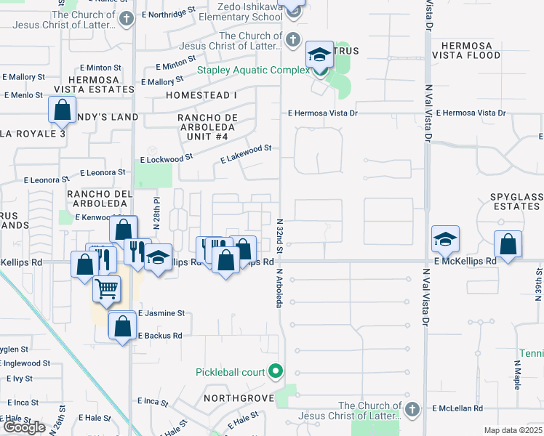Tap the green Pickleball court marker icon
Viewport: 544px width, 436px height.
[275, 372]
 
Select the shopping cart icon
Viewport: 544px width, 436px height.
[106, 289]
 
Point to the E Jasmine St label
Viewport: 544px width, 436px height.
[160, 313]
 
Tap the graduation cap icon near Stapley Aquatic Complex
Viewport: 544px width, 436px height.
[319, 54]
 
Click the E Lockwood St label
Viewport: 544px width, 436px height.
[167, 158]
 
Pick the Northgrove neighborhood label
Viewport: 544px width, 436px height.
[238, 398]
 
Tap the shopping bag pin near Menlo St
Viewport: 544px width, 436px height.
[63, 110]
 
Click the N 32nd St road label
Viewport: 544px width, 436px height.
[279, 230]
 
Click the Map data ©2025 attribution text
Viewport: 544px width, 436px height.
[513, 430]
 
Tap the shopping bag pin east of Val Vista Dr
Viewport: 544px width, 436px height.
[508, 244]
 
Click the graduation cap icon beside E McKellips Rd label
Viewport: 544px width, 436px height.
[445, 238]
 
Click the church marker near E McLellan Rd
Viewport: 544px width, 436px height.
[413, 408]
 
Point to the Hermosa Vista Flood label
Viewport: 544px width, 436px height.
[462, 49]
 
